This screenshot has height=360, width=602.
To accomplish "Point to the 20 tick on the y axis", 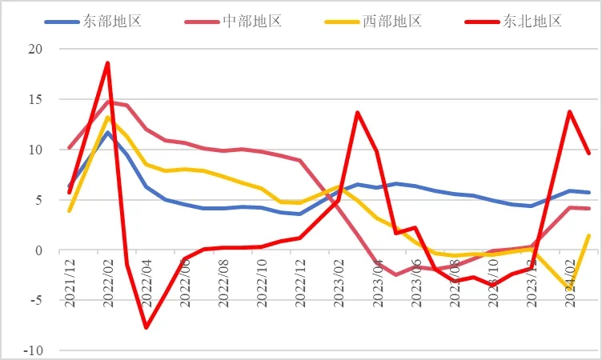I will point(35,49).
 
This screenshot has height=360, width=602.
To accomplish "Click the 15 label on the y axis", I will point(35,99).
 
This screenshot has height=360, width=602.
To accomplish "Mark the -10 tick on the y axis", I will point(33,351).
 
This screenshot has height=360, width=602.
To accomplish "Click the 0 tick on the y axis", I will point(38,250).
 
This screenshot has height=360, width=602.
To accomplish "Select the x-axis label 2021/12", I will point(70,277).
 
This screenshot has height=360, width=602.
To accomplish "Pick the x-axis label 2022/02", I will point(108,277).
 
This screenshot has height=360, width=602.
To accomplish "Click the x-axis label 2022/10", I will point(262,277).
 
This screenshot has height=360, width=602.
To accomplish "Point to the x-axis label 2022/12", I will point(300,277).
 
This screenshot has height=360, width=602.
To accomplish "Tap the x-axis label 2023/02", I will point(339,277).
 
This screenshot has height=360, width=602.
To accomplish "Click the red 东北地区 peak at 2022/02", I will point(107,62).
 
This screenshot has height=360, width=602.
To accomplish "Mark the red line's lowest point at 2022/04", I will point(146,327).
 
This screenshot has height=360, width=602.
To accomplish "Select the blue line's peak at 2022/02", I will point(107,132).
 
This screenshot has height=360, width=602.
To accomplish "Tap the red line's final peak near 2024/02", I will point(569,112).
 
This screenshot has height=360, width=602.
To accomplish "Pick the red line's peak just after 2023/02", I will point(358,113).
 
